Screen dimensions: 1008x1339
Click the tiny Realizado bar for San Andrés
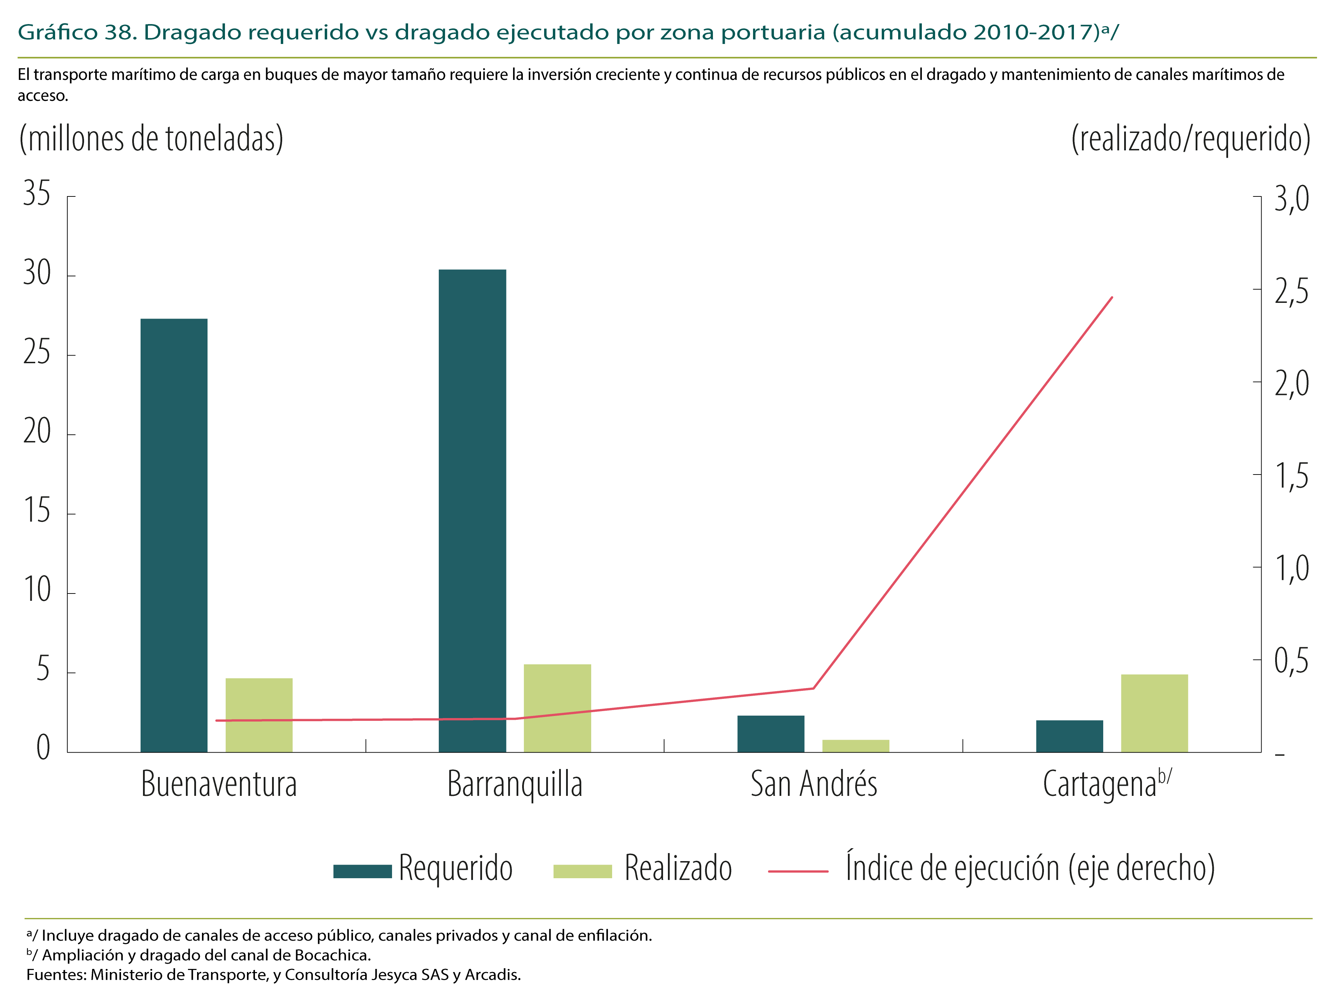point(855,746)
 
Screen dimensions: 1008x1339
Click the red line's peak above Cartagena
point(1112,297)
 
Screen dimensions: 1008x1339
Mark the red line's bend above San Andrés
point(813,688)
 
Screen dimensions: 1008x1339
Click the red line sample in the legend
point(798,871)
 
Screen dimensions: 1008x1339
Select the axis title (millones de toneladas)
point(151,139)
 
